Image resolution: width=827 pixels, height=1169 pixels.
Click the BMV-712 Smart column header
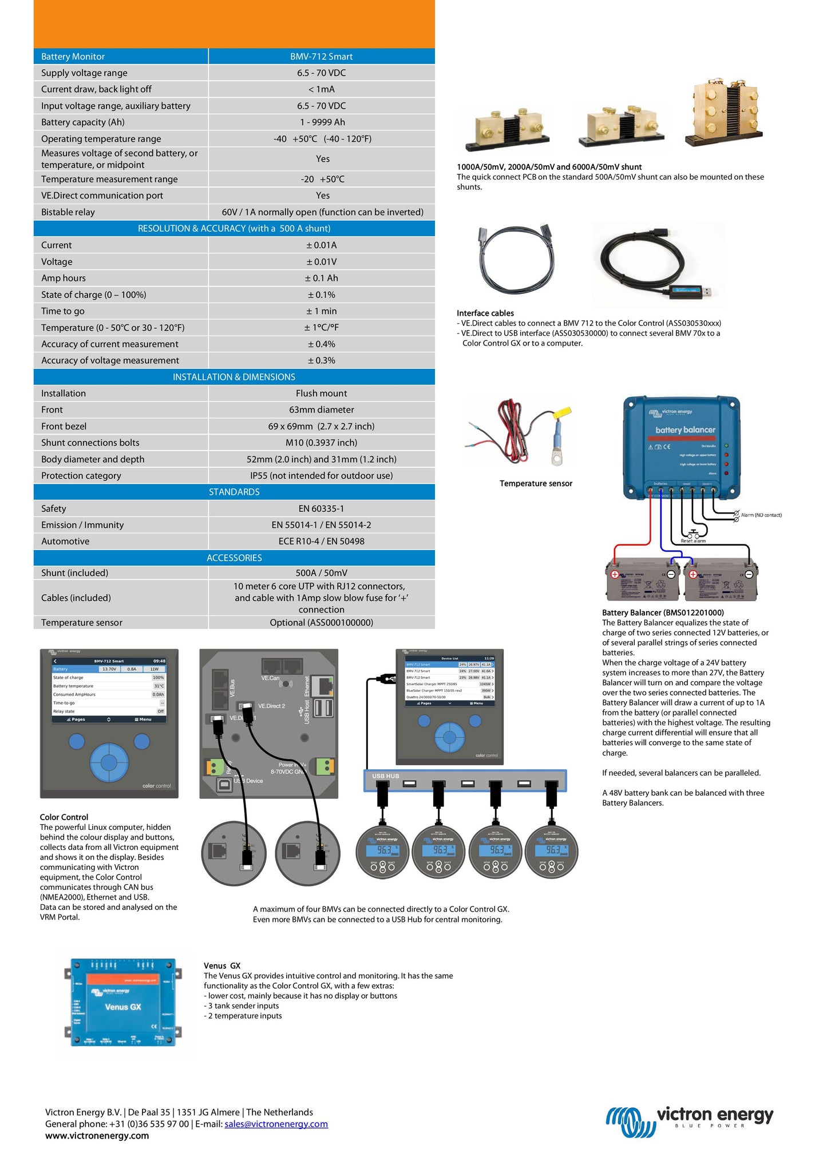(x=321, y=57)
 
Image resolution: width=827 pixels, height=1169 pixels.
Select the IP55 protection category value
(x=321, y=476)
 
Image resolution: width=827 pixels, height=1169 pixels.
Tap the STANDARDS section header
(x=234, y=492)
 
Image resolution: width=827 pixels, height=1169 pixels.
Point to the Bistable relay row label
(x=68, y=212)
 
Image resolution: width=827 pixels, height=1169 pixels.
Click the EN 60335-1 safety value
(x=321, y=508)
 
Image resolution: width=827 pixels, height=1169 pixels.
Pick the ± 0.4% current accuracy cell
(x=321, y=344)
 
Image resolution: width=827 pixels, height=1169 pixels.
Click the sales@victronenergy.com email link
(x=276, y=1124)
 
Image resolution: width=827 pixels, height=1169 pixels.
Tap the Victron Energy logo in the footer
(x=689, y=1122)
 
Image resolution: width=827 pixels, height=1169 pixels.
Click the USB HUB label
(x=385, y=776)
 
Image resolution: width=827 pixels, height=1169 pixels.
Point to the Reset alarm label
(x=693, y=540)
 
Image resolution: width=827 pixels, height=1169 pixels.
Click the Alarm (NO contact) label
(x=761, y=515)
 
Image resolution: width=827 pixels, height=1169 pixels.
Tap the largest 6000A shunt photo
(x=725, y=112)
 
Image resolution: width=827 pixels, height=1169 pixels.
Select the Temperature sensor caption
(x=536, y=484)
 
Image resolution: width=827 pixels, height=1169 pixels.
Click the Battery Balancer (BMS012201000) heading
(x=663, y=613)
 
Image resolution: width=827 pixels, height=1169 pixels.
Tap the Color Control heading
(x=64, y=817)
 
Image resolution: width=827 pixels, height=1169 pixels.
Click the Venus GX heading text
(x=222, y=966)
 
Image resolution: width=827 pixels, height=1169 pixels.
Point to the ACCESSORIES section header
(x=234, y=558)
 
